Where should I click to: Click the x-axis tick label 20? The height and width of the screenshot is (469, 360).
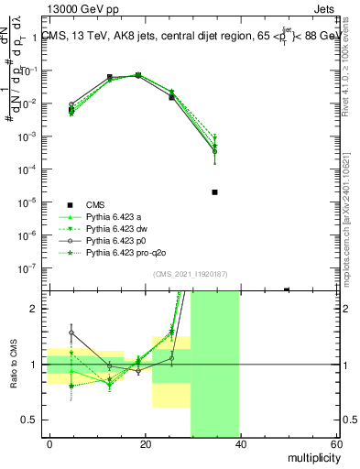pyautogui.click(x=146, y=444)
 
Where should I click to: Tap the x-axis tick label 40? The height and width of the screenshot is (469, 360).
pyautogui.click(x=241, y=444)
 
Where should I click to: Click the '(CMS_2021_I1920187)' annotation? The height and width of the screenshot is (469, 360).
pyautogui.click(x=191, y=273)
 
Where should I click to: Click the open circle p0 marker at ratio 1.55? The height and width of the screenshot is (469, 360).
pyautogui.click(x=71, y=333)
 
